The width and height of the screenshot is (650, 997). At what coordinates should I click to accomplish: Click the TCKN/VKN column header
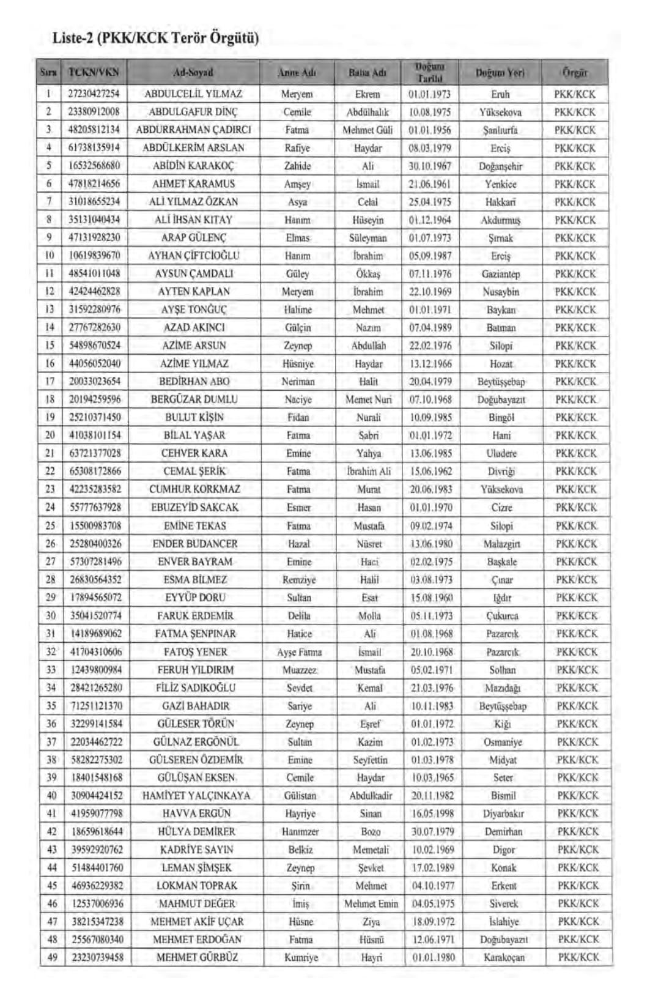coord(94,72)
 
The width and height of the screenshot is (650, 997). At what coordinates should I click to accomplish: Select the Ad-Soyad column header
coord(193,72)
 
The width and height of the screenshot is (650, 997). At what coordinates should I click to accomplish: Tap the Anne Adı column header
coord(297,72)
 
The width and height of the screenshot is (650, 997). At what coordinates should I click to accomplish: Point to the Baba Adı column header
coord(367,72)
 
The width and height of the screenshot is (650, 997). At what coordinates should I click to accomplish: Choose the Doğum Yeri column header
coord(500,72)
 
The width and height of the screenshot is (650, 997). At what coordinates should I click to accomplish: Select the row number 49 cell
coord(52,957)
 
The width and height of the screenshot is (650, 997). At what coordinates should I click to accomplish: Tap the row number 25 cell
coord(51,525)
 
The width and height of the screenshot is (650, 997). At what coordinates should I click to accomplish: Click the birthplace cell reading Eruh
coord(500,94)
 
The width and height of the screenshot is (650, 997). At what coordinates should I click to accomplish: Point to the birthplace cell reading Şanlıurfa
coord(500,130)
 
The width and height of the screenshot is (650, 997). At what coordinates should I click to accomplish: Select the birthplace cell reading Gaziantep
coord(501,274)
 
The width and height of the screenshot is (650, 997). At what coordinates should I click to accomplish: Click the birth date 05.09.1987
coord(430,256)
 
